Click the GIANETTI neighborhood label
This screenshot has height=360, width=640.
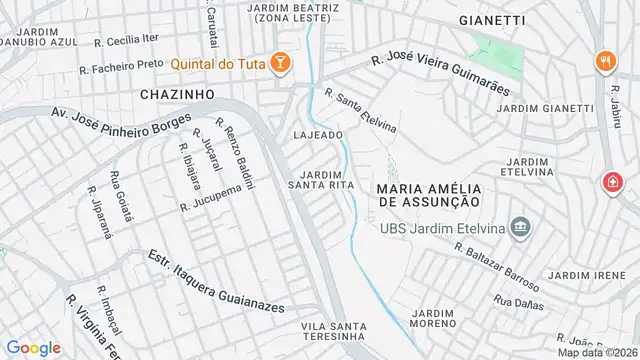coord(492,20)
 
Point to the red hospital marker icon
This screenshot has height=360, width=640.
coord(611,182)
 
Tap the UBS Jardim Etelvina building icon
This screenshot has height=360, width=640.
coord(517,227)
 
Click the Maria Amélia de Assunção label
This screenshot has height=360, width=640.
coord(430,195)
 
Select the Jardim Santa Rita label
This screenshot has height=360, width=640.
coord(319,178)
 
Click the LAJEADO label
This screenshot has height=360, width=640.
coord(319,134)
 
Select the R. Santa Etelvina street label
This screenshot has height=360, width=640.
coord(360,110)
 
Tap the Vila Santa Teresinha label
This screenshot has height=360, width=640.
coord(336,333)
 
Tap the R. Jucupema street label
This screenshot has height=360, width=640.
coord(212,197)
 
